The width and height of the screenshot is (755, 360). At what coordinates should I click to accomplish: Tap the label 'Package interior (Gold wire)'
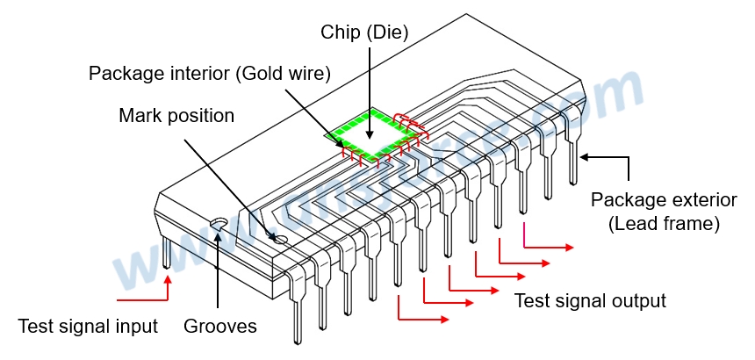tap(210, 74)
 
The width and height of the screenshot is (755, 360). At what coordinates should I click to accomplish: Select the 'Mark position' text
tap(177, 115)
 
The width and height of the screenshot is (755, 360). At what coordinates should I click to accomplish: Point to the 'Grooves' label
tap(220, 327)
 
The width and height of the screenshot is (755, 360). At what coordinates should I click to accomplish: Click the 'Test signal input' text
tap(88, 327)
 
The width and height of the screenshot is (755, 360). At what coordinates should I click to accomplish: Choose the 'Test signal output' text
tap(590, 301)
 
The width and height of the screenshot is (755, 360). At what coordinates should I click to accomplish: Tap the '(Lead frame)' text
tap(664, 224)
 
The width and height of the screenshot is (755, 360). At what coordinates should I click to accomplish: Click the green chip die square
tap(372, 134)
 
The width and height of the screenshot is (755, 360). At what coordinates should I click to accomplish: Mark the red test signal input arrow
tap(145, 284)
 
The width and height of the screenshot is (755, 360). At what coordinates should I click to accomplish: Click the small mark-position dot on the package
tap(279, 237)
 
